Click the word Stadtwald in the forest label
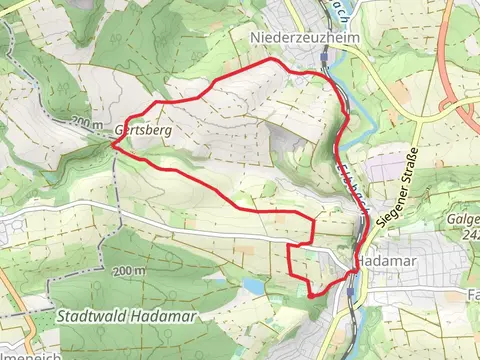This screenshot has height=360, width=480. point(88,315)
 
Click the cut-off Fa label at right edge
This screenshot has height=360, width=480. point(473,296)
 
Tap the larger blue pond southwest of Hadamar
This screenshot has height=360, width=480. point(254,286)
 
